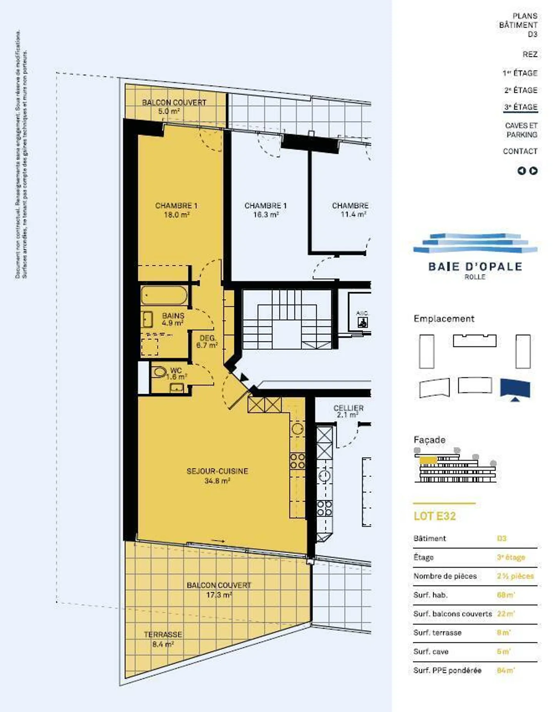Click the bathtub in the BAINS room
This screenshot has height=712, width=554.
(164, 296)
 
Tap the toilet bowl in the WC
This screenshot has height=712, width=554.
(159, 372)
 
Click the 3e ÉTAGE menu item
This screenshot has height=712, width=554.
(521, 107)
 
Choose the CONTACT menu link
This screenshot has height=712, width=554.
(520, 151)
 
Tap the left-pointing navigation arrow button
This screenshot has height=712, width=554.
(521, 171)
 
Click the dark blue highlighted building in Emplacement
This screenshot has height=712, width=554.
(515, 388)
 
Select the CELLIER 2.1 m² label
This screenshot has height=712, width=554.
(348, 411)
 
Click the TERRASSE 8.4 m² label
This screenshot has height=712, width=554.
(163, 639)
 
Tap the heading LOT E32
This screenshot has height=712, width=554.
(434, 516)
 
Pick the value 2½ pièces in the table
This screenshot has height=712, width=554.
(515, 576)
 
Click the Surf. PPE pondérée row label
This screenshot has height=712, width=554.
(447, 670)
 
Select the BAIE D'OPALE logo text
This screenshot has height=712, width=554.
(475, 267)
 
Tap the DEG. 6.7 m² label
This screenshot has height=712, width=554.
(207, 341)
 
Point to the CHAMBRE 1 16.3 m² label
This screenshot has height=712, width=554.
(265, 210)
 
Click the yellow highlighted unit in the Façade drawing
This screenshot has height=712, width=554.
(428, 460)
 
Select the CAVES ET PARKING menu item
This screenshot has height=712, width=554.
(521, 130)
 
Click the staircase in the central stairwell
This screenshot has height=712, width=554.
(287, 319)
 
